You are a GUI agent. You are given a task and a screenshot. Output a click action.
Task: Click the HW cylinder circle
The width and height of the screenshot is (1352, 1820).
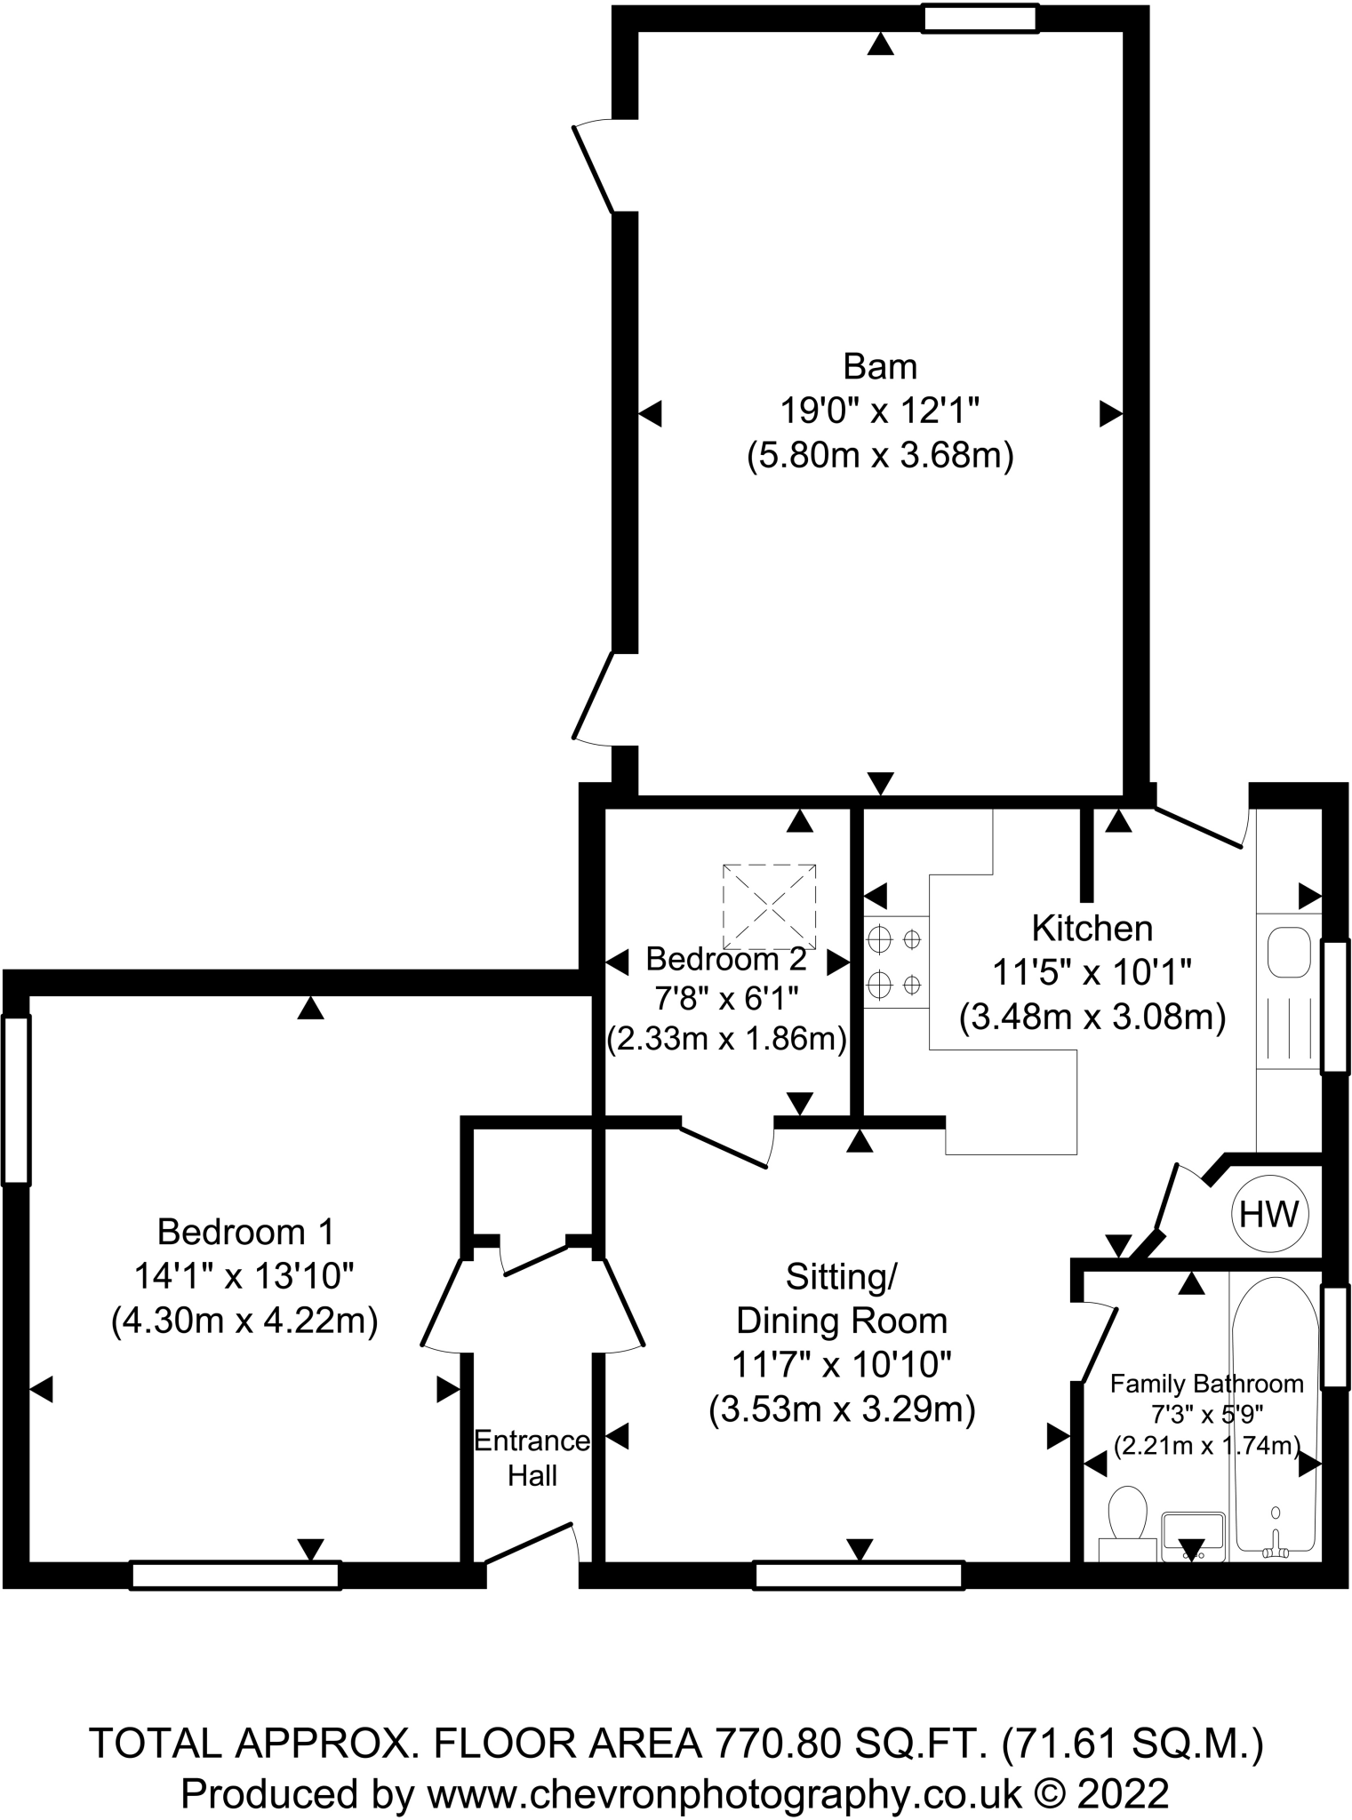tap(1269, 1214)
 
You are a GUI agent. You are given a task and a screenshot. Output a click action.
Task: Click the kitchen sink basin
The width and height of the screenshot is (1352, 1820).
tap(1289, 952)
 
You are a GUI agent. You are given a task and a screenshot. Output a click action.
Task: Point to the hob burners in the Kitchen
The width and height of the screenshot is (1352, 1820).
tap(895, 962)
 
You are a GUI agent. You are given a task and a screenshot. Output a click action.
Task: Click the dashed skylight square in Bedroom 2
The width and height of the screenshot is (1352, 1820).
tap(769, 906)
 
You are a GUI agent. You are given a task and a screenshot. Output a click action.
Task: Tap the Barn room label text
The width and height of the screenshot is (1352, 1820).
tap(880, 366)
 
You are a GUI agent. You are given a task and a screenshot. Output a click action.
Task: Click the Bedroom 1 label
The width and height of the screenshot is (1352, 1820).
tap(245, 1232)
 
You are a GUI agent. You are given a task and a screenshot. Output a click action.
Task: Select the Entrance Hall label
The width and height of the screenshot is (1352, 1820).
tap(532, 1457)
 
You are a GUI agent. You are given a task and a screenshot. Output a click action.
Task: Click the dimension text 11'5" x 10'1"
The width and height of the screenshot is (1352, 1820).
tap(1092, 972)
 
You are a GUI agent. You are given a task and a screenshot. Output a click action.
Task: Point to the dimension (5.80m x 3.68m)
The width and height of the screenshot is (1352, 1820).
tap(880, 457)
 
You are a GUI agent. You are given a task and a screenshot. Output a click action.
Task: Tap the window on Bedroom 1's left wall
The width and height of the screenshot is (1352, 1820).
tap(16, 1099)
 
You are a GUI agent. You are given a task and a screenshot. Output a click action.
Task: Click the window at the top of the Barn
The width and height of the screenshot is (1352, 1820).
tap(980, 19)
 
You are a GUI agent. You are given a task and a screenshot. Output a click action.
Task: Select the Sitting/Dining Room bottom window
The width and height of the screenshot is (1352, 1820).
tap(859, 1576)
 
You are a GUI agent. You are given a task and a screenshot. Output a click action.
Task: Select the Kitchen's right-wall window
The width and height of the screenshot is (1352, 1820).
tap(1334, 1007)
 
